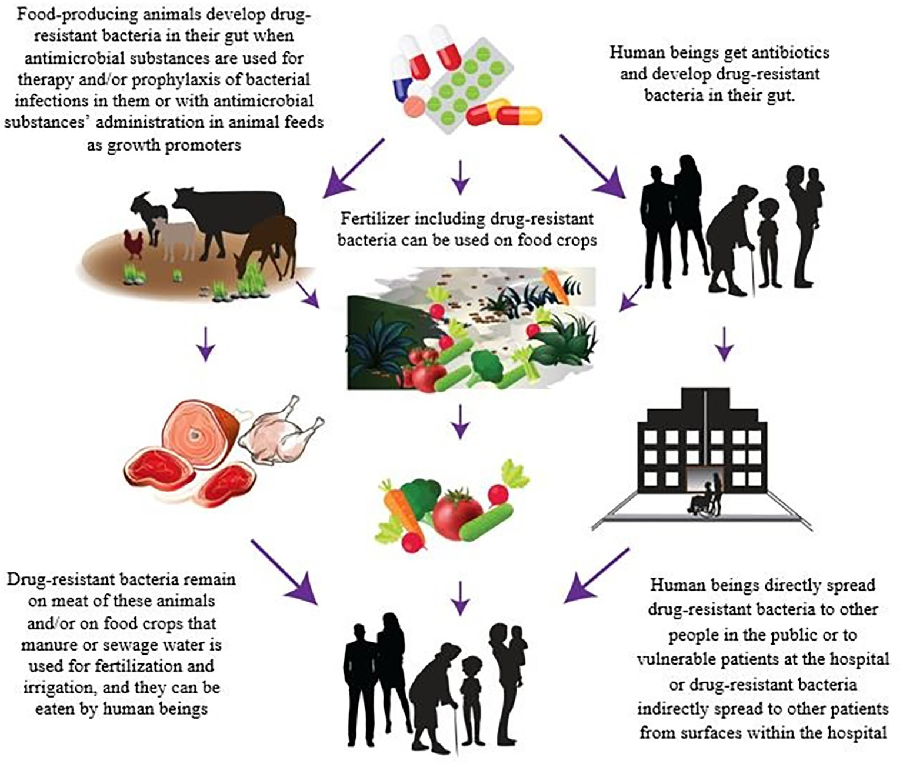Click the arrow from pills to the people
[588, 165]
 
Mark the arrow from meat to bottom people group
[282, 571]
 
